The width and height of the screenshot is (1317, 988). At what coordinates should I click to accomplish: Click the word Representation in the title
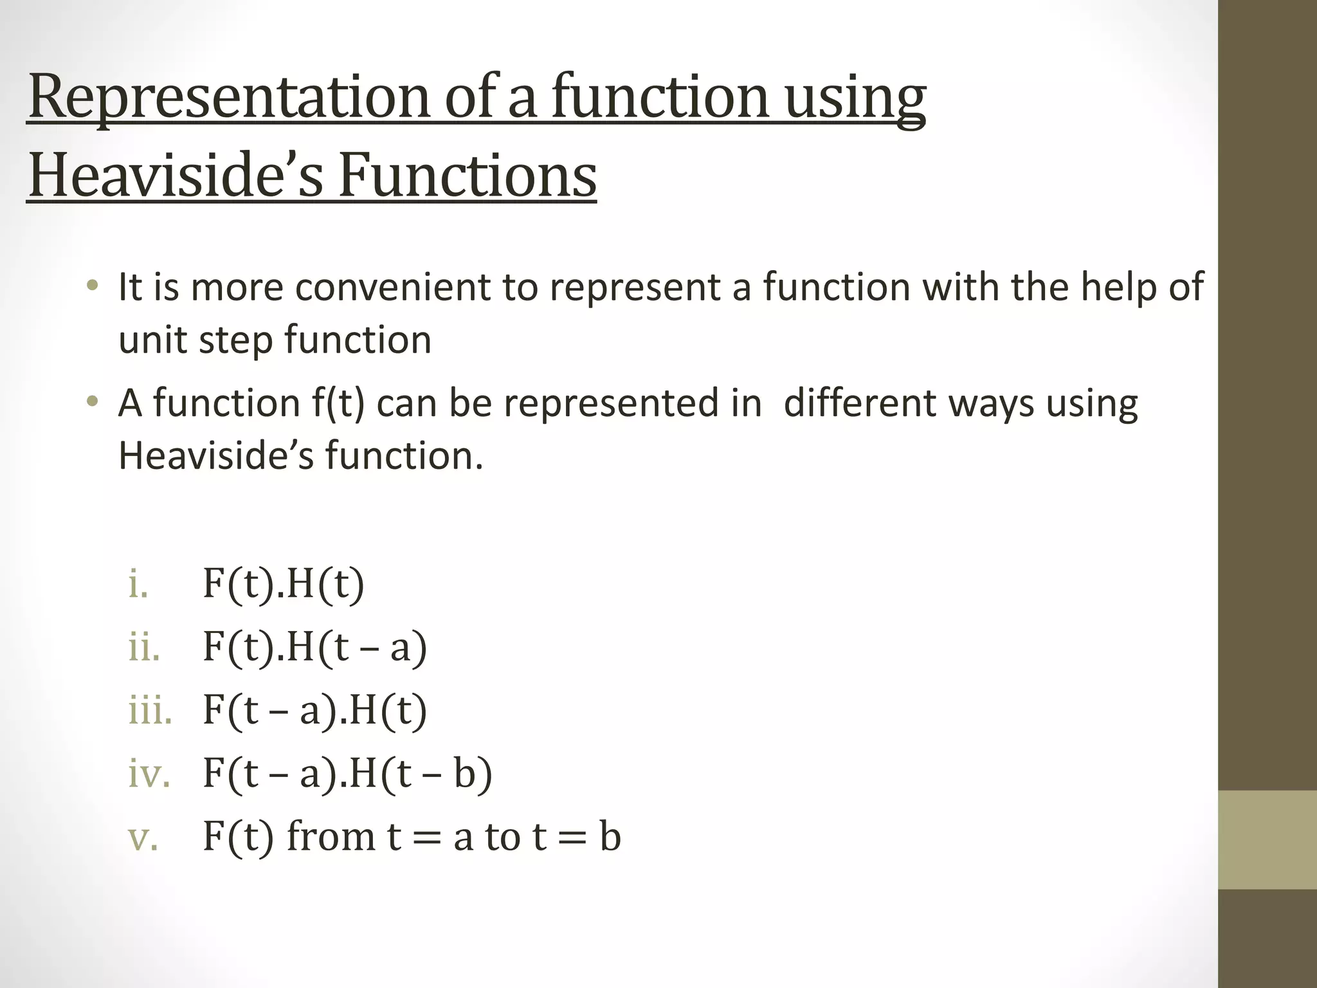pyautogui.click(x=228, y=98)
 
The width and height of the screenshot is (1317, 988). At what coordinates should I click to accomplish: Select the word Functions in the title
pyautogui.click(x=468, y=176)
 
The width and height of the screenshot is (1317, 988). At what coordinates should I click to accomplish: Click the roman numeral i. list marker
pyautogui.click(x=138, y=584)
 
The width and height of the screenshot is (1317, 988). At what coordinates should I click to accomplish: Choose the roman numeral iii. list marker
pyautogui.click(x=150, y=710)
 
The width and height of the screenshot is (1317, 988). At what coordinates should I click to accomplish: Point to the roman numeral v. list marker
pyautogui.click(x=143, y=837)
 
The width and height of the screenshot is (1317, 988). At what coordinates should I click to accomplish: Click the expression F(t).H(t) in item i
pyautogui.click(x=283, y=584)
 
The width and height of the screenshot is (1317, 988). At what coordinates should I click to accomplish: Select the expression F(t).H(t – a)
pyautogui.click(x=314, y=647)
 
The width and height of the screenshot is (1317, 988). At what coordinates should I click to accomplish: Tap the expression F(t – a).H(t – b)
pyautogui.click(x=347, y=773)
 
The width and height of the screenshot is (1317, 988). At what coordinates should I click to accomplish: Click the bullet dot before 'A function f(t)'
pyautogui.click(x=93, y=402)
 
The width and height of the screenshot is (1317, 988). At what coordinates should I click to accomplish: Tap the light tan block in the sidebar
pyautogui.click(x=1267, y=839)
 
